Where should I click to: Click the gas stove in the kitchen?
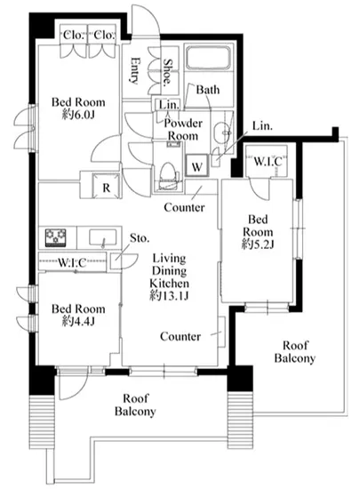point(55,237)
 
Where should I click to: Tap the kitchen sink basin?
point(103,237)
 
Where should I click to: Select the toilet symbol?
point(168,175)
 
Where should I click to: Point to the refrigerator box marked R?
point(107,186)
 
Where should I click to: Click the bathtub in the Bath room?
point(209,58)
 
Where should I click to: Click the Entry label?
point(134,70)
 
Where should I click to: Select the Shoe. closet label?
point(168,72)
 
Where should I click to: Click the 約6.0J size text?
point(78,115)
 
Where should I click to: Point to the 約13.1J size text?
point(169,296)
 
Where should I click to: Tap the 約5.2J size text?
point(258,244)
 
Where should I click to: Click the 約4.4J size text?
point(78,321)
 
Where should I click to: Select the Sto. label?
point(140,238)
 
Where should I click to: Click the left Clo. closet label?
point(74,35)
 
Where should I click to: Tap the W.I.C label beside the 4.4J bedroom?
point(72,263)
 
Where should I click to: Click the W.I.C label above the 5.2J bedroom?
point(268,162)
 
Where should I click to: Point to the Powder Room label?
point(183,130)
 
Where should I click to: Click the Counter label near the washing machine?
point(184,207)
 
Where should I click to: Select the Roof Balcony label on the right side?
point(294,352)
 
